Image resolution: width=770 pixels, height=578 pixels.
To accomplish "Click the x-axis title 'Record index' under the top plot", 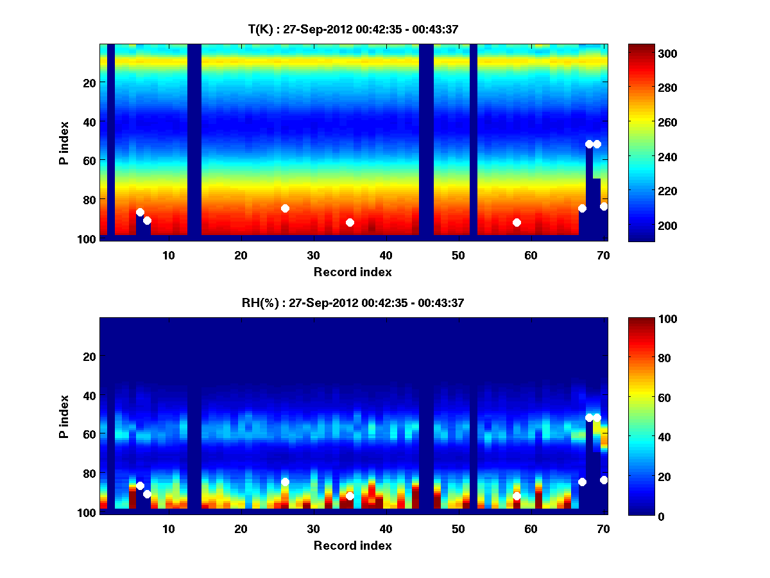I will coord(353,272).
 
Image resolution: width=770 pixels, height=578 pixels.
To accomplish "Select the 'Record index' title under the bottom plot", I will coord(353,545).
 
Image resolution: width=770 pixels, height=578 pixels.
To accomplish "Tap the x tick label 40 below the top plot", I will coord(386,255).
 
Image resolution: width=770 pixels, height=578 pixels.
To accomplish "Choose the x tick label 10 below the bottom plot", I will coord(168,529).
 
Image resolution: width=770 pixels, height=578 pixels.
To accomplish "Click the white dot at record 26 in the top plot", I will coord(285,208).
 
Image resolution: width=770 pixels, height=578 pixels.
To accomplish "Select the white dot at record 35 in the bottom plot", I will coord(350,496).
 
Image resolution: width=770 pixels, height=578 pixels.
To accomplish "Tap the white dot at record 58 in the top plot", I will coord(517,222).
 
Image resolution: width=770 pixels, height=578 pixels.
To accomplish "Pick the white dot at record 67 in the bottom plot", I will coord(582,482).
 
